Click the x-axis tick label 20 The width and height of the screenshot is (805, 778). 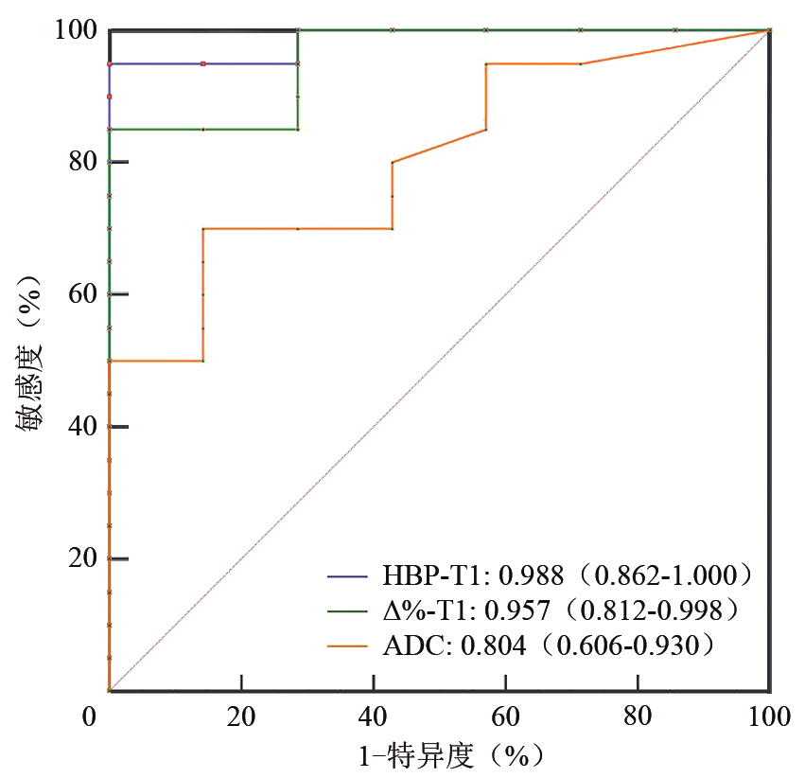coord(241,716)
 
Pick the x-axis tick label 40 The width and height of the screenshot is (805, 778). coord(374,716)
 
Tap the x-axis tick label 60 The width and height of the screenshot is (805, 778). coord(505,716)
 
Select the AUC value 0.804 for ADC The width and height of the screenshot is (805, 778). coord(493,646)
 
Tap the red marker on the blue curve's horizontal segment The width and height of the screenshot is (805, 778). coord(203,63)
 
